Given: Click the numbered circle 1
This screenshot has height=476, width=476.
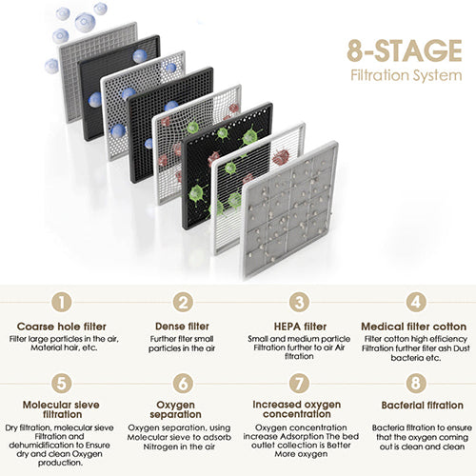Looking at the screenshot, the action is pos(62,302).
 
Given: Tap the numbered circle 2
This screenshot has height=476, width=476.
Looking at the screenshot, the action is pos(183,302).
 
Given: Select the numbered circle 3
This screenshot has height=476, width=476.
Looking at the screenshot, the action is pos(299,302).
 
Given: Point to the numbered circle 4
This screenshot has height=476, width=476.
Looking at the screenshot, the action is pos(416,302).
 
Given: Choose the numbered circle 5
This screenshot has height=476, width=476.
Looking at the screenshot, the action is pos(62,383).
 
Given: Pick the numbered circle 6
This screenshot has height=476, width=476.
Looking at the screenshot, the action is pos(183,383).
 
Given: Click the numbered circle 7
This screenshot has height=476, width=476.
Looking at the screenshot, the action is pos(299,383).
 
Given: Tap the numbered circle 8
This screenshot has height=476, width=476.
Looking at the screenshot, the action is pos(416,383).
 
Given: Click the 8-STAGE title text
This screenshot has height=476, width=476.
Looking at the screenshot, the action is pos(405,50).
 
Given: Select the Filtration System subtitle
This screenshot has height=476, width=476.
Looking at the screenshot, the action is pos(407,76).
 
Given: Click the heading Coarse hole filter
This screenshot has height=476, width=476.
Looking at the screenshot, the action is pos(62,327).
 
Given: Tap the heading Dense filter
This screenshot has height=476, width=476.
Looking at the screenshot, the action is pos(182,327).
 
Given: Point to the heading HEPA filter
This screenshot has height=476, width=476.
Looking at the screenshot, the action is pos(300,327).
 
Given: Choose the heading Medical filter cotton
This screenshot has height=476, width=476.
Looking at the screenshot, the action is pos(414,327).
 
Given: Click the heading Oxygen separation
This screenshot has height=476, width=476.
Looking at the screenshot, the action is pos(175,409).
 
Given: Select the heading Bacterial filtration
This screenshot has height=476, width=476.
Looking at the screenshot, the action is pos(423,406).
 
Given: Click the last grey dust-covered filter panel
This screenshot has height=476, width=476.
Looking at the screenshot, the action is pos(290,209).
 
